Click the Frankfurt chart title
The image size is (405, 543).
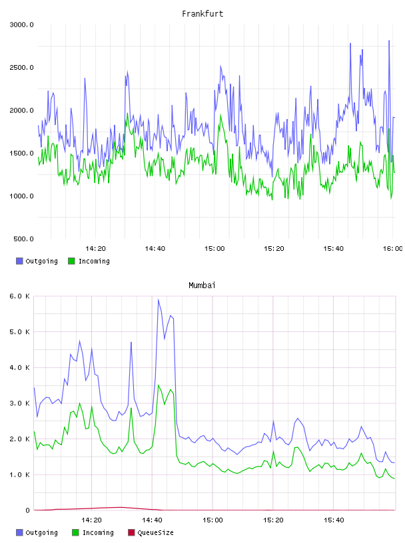point(202,14)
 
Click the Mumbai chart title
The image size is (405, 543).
point(202,285)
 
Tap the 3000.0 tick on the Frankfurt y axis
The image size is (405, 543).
point(22,25)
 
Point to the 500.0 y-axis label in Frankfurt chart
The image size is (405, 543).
point(23,239)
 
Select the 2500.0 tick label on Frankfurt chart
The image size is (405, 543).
point(22,67)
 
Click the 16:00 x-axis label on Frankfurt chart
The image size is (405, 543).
point(393,249)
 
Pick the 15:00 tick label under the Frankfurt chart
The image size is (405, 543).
point(214,249)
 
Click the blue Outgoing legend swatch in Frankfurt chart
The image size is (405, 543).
point(19,261)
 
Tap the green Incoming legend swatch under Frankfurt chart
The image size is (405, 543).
point(71,261)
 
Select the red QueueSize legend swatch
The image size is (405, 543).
point(131,532)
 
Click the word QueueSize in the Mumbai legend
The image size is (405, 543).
point(155,532)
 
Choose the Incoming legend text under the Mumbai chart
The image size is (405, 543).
point(98,532)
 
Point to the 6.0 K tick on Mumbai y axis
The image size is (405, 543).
point(20,296)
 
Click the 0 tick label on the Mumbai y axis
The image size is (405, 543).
point(28,510)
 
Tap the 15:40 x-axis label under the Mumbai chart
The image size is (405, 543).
point(334,520)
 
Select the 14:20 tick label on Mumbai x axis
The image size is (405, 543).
point(91,520)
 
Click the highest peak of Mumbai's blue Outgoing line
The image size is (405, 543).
point(159,299)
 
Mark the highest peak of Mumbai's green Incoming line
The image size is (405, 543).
point(159,385)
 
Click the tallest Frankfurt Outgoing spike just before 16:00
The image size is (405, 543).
point(389,41)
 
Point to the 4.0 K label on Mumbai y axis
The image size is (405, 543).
point(20,368)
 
